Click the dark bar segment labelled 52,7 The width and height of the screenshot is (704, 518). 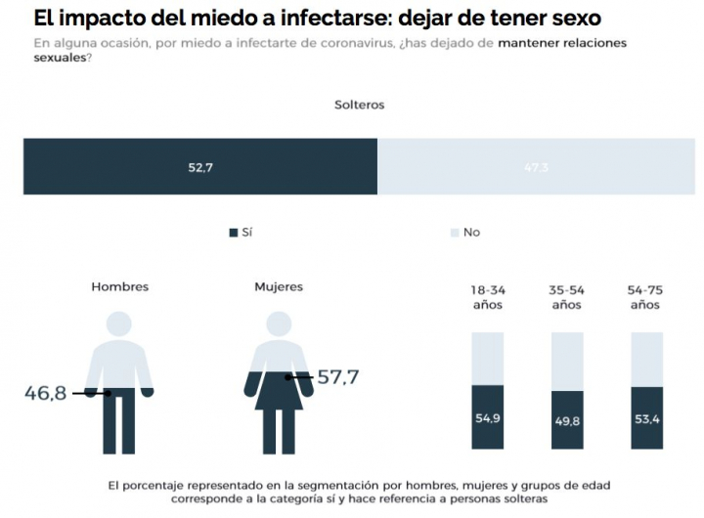200,167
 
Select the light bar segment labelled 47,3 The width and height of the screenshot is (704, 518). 535,167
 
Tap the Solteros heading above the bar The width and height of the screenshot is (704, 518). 360,105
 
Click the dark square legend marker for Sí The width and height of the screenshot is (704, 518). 234,233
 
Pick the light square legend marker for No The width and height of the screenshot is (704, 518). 454,233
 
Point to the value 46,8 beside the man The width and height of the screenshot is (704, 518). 45,393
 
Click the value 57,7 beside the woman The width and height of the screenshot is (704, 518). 338,376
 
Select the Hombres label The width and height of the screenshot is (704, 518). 119,287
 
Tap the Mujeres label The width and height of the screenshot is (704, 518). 279,287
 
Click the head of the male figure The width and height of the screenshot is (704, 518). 119,325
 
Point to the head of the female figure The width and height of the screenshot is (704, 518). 279,325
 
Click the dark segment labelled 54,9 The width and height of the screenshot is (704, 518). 488,417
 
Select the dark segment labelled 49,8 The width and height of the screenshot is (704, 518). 567,420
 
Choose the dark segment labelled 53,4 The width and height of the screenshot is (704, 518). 646,418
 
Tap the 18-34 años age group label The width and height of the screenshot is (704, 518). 488,297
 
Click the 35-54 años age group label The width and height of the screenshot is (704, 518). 567,297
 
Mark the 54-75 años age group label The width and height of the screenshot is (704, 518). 645,297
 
